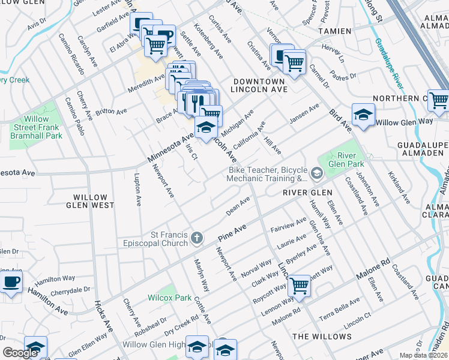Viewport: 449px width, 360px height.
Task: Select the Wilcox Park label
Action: click(170, 298)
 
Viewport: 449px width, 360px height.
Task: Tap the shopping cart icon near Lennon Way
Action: click(298, 285)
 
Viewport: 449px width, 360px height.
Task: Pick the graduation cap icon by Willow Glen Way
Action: click(363, 115)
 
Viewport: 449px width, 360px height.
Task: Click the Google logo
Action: click(20, 353)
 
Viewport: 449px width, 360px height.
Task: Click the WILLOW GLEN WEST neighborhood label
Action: click(94, 201)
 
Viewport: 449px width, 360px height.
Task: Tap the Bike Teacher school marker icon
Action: click(316, 174)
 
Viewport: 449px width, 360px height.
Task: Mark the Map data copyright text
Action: click(423, 355)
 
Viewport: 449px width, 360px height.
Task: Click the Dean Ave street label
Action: click(237, 206)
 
